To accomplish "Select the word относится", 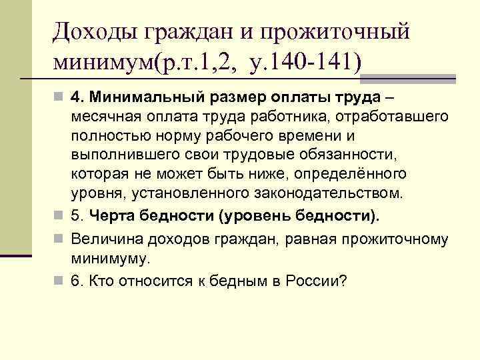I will [147, 280].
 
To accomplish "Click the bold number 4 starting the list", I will [77, 98].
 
